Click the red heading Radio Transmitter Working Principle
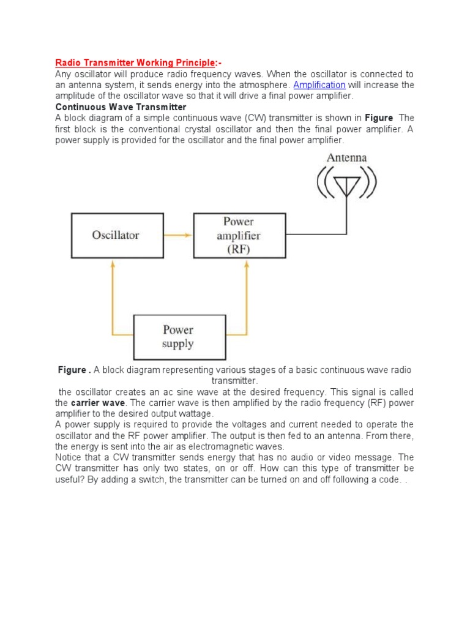(136, 62)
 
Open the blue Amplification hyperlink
(319, 84)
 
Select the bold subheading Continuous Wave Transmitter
(121, 107)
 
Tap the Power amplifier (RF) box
(239, 235)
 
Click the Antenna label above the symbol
(346, 157)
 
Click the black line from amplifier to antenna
(318, 235)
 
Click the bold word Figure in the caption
(72, 370)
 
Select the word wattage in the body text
(192, 414)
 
